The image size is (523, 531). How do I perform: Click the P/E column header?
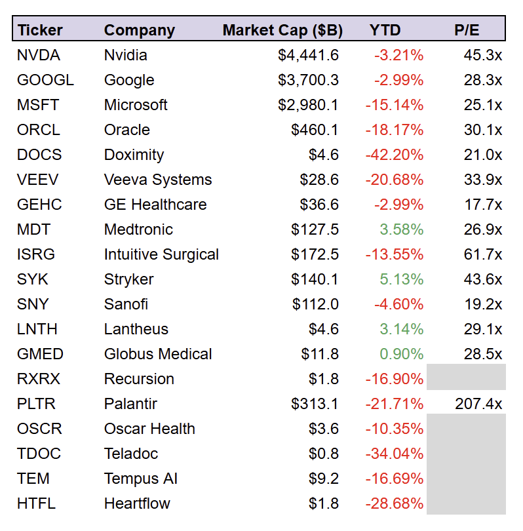point(467,30)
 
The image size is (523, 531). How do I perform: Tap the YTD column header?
point(385,30)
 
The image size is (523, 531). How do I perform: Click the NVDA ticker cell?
point(38,55)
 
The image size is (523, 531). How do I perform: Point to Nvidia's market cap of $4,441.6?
point(308,55)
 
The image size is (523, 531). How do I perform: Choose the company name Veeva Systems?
point(158,180)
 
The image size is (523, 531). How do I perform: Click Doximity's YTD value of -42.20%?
point(394,155)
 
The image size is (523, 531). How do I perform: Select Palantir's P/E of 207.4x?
point(478,404)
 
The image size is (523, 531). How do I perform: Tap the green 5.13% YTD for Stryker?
point(401,279)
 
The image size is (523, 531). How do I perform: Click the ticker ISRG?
point(36,254)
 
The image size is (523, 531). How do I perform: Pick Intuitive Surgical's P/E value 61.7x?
point(483,254)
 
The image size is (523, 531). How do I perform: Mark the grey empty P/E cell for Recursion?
point(466,379)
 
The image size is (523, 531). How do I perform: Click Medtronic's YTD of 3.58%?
point(401,229)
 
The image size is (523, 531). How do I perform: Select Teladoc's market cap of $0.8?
point(325,454)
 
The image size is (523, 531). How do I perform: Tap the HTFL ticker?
point(36,503)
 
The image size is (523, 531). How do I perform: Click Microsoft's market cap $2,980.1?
point(308,105)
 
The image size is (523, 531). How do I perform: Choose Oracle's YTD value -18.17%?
point(394,130)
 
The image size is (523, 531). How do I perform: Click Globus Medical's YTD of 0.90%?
point(401,354)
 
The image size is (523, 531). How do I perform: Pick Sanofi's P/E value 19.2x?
point(483,304)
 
